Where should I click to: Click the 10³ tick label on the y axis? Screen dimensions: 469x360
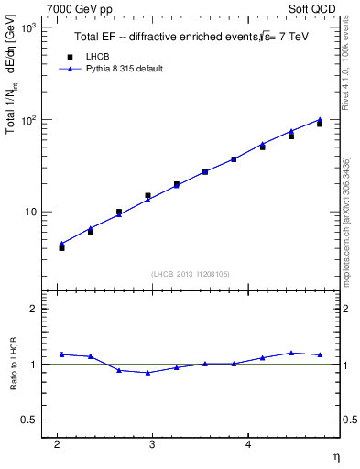pos(27,28)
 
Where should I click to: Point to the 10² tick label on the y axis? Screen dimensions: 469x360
pos(27,120)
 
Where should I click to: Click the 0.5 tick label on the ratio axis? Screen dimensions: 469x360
pos(27,420)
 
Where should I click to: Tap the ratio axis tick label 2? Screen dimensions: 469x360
pos(32,309)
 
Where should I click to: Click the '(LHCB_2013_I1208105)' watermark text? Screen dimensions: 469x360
pos(191,274)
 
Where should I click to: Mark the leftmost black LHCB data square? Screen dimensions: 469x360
pos(61,247)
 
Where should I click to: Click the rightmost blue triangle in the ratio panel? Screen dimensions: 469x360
pos(320,354)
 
